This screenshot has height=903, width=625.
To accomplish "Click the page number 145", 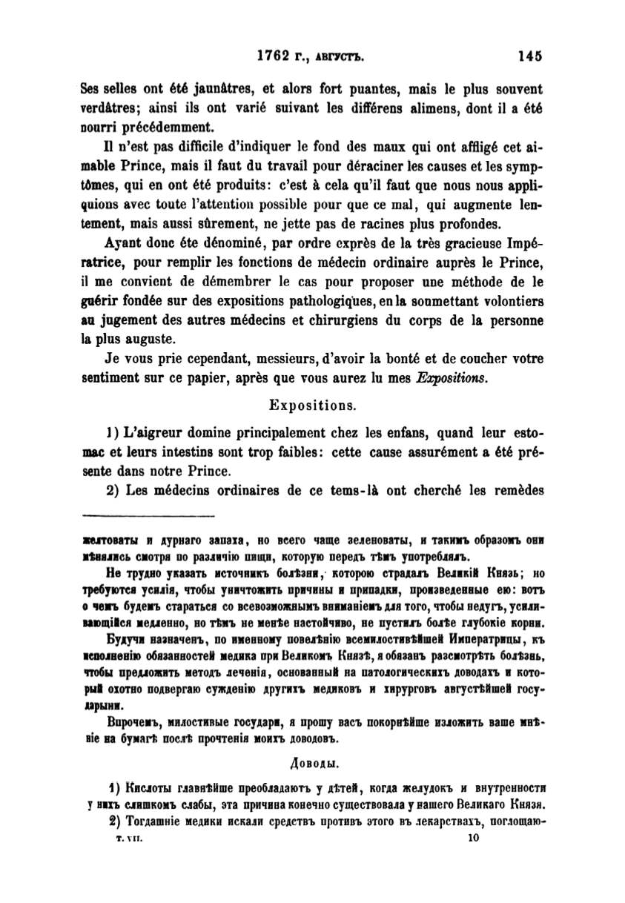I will (531, 55).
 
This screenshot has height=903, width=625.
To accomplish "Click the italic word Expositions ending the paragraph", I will (450, 378).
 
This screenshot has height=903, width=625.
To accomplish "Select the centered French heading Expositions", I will (311, 406).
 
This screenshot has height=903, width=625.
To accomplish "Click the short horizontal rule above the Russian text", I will (148, 516).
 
